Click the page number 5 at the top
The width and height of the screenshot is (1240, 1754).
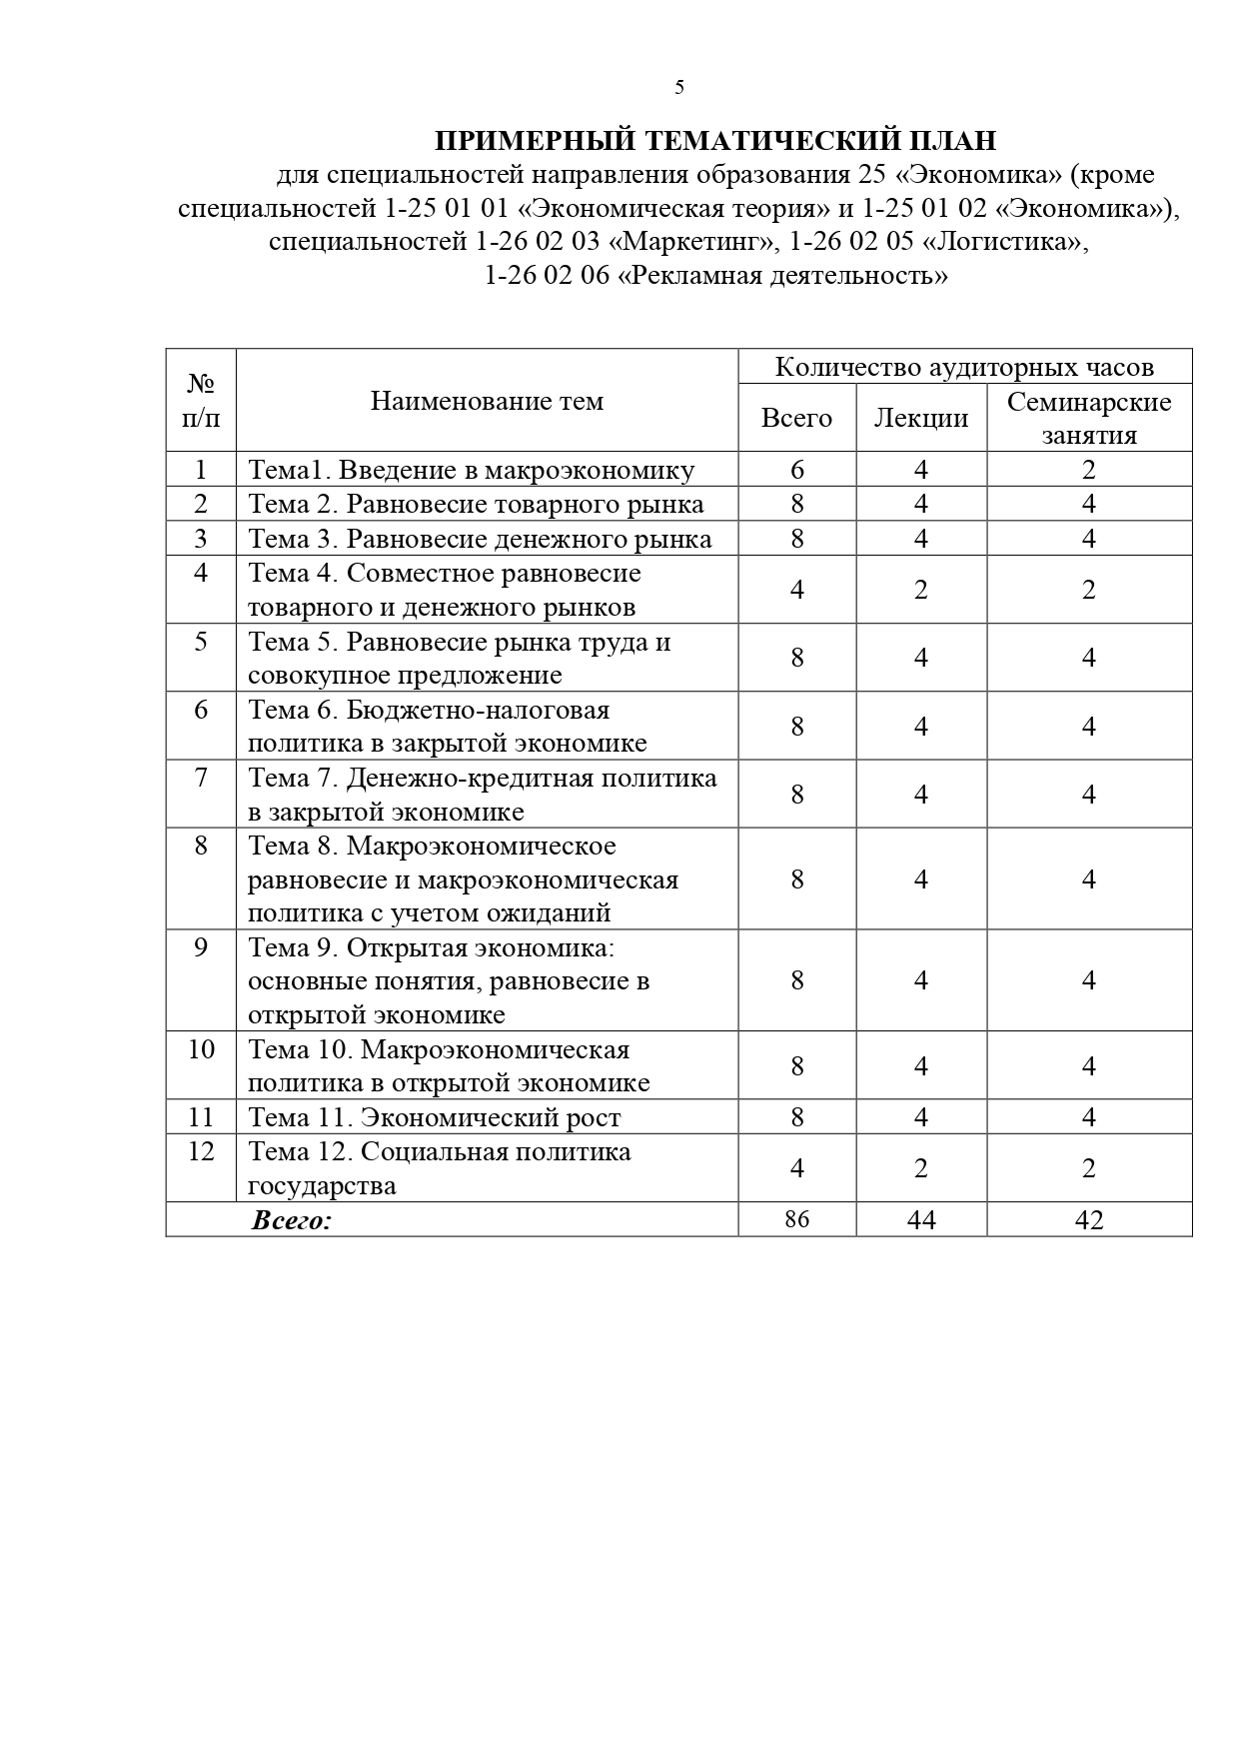pos(679,88)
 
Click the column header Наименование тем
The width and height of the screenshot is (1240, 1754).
pos(487,401)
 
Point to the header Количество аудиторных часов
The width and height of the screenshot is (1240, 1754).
pos(964,367)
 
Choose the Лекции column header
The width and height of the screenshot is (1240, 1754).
pos(921,418)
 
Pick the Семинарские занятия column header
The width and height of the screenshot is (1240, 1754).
pos(1089,418)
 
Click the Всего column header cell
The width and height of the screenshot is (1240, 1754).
pos(796,418)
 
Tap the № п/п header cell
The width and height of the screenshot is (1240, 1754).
pos(201,400)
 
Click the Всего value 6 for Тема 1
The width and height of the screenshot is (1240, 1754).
pos(796,470)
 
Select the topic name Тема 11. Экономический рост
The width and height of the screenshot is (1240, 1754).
pos(435,1117)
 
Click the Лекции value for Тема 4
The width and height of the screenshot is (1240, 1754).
pos(921,590)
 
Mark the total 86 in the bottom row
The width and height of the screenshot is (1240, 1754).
pos(796,1219)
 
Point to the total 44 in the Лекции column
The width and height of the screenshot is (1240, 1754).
pos(921,1219)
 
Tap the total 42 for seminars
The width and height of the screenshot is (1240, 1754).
pos(1089,1219)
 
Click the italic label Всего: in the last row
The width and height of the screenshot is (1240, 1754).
pos(292,1220)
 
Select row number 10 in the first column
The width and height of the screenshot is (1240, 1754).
pos(201,1049)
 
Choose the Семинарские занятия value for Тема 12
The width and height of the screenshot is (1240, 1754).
pos(1089,1168)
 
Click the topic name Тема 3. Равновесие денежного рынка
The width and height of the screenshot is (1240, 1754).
pos(480,539)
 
